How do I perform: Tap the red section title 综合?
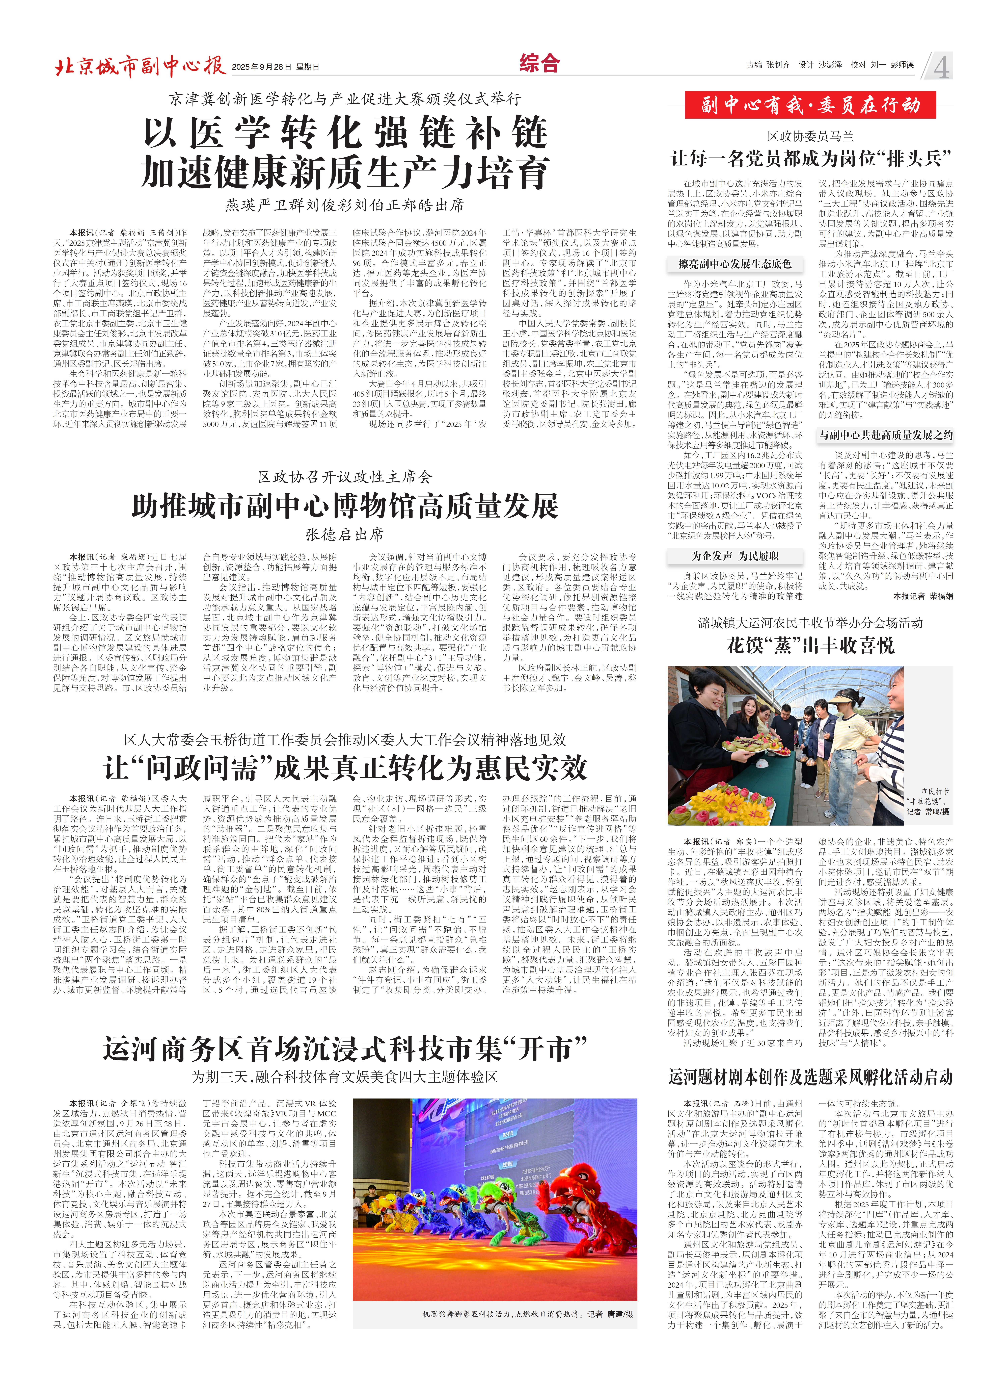[539, 63]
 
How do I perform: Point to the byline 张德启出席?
[345, 535]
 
